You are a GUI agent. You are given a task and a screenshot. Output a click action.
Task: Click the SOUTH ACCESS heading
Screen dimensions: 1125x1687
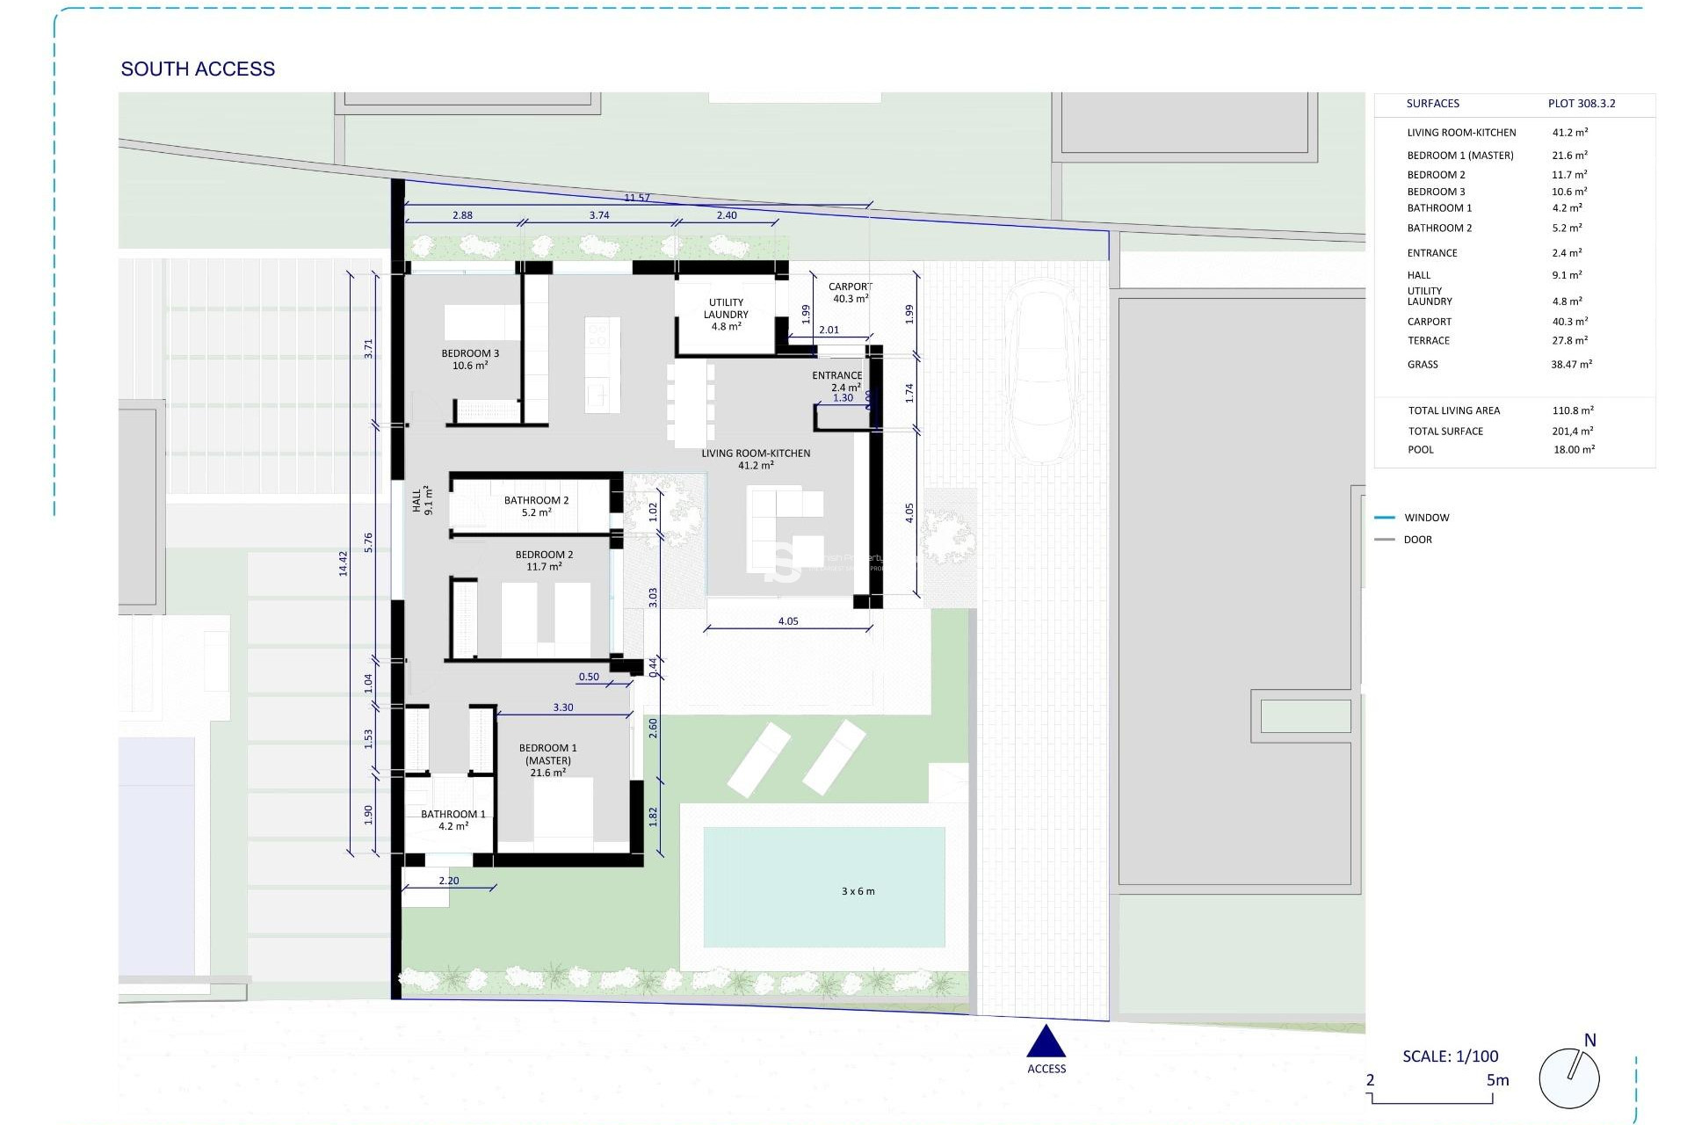198,69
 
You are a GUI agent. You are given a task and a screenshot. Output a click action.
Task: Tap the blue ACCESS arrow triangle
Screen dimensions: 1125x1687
1046,1042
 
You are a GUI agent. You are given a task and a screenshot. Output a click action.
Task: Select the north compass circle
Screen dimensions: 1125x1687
1569,1078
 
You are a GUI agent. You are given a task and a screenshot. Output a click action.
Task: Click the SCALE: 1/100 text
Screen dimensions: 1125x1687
1450,1056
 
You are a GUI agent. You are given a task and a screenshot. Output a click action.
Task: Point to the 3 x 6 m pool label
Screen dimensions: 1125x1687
858,891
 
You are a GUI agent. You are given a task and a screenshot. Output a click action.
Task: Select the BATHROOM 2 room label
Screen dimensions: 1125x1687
536,505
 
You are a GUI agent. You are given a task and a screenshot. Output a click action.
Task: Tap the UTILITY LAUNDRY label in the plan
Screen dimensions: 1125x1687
726,314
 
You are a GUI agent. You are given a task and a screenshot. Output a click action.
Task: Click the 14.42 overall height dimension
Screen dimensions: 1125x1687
344,563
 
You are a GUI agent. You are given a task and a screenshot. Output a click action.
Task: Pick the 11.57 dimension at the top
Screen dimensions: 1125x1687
637,198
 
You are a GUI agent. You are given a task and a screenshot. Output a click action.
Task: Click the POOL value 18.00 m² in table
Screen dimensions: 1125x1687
1574,449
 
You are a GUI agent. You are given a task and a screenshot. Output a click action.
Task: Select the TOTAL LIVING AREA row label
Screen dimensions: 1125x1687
1453,410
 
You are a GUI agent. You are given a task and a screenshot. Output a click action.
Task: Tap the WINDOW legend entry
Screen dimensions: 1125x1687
1426,518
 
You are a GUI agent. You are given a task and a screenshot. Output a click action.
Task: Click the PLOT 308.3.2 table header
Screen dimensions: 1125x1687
1581,104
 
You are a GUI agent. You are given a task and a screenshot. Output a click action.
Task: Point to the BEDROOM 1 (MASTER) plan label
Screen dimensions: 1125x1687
547,760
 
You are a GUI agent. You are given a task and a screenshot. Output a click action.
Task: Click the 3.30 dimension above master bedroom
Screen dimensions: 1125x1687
563,708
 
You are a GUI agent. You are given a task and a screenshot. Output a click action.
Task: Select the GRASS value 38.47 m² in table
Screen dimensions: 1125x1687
1571,364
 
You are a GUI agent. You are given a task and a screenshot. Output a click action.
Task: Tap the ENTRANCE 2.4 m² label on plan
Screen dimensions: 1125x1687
836,381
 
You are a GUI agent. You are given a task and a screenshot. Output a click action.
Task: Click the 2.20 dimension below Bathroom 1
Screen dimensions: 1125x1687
448,881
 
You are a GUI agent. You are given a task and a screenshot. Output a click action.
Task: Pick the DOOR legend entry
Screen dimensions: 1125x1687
1417,540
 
